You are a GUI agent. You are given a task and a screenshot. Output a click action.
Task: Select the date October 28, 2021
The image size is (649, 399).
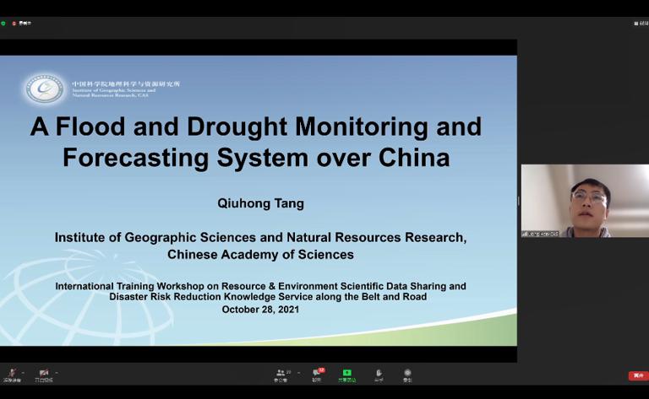coord(260,310)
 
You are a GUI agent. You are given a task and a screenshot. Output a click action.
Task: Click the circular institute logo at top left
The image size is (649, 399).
coord(45,88)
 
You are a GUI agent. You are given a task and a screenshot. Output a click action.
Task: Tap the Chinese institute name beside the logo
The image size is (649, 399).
coord(126,84)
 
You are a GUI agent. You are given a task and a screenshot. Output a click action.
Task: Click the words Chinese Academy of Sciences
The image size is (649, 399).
coord(260,255)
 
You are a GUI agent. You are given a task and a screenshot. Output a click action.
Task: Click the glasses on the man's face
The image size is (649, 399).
coord(588,197)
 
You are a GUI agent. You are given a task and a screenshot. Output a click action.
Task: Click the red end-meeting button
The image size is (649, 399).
coord(637,375)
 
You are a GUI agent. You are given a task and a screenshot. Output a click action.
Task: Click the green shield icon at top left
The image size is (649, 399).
coord(3,23)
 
